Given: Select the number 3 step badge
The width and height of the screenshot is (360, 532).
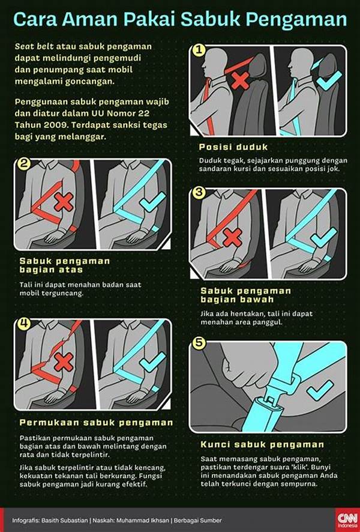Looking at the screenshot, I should click(x=199, y=194).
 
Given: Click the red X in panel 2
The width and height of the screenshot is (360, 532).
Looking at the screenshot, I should click(x=63, y=203).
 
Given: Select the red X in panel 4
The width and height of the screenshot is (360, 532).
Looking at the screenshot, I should click(x=63, y=361).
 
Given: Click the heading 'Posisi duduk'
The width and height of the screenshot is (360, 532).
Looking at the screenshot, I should click(x=233, y=147).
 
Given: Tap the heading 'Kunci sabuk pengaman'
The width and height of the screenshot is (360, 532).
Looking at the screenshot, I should click(x=262, y=445).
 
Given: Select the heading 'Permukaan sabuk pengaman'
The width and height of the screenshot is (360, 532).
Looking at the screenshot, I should click(x=96, y=423).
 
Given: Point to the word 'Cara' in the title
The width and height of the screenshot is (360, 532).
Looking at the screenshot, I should click(x=33, y=20).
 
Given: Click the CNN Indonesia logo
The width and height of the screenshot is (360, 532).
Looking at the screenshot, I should click(x=345, y=518).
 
